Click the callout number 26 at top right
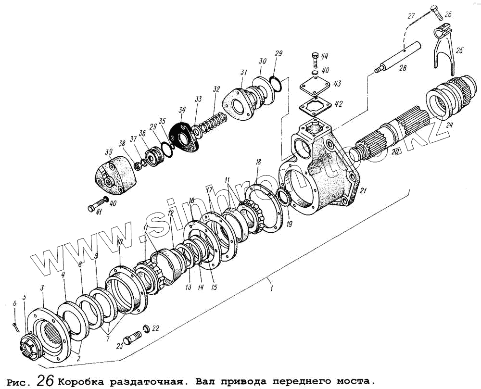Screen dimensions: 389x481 point(448,14)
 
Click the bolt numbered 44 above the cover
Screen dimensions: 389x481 point(316,60)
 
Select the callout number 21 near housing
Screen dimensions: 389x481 point(364,191)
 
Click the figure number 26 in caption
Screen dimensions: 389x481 point(46,379)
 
